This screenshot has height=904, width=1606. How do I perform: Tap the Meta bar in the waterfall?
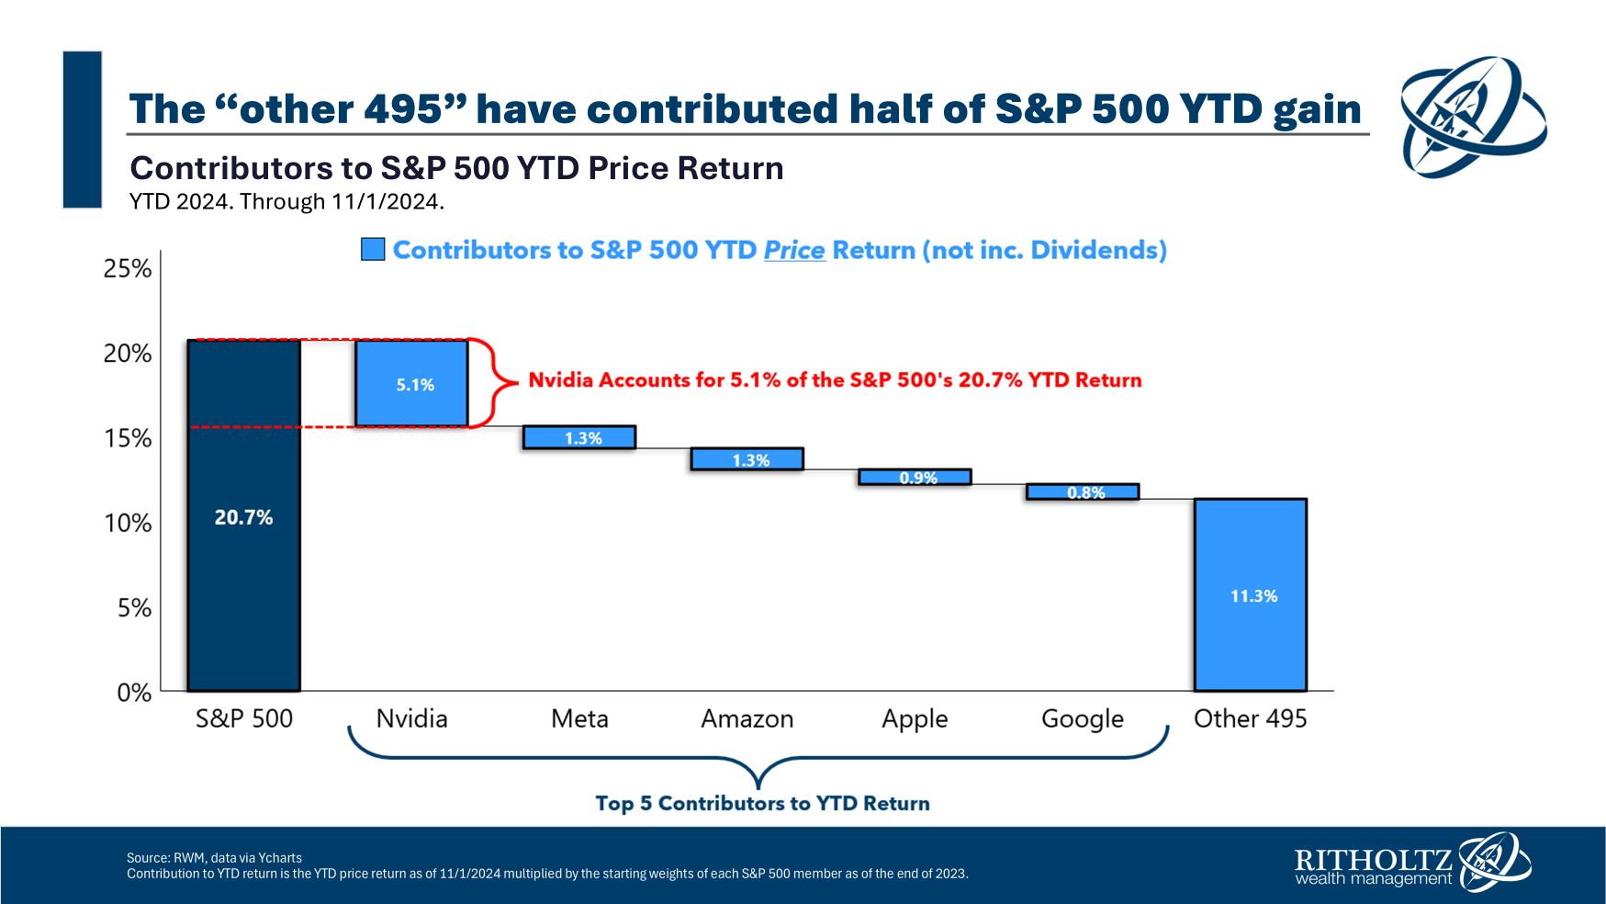(579, 437)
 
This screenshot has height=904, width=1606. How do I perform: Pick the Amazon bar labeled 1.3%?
(747, 459)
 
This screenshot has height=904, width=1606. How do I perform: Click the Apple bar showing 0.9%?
(915, 477)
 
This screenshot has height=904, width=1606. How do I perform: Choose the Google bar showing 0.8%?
(1083, 492)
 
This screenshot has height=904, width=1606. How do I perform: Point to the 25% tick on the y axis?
(128, 268)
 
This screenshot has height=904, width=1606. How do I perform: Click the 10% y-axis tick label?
(128, 523)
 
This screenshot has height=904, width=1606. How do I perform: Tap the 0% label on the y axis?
(134, 693)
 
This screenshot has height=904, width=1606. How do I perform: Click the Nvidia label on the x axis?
(411, 718)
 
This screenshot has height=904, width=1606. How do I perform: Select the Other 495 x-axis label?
(1250, 718)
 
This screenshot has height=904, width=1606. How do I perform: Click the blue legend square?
(373, 249)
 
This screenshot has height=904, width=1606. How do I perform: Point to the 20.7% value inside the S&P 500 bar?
(243, 517)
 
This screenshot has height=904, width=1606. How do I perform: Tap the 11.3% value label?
(1253, 596)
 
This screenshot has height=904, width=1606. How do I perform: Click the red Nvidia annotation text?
(835, 380)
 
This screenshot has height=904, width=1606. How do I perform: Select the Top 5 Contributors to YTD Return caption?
(762, 804)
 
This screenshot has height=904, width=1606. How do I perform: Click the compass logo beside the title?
(1472, 117)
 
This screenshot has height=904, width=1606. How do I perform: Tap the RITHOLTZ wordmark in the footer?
(1373, 860)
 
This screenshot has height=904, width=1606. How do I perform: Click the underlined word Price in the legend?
(794, 250)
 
